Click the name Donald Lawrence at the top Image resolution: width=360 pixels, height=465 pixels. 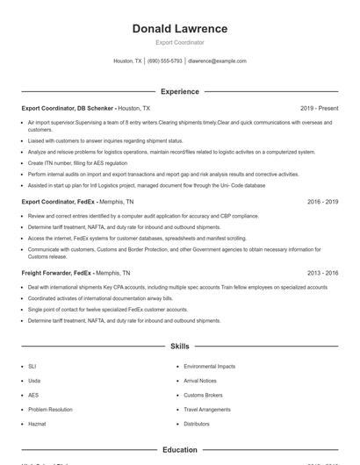(179, 29)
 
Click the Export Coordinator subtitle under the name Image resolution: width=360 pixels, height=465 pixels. (179, 42)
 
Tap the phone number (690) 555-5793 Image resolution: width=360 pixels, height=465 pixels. (165, 61)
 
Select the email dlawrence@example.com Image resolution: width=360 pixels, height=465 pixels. (217, 61)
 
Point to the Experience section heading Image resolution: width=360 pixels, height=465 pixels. (179, 91)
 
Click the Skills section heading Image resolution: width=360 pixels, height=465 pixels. (179, 347)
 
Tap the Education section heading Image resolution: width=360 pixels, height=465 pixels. (179, 450)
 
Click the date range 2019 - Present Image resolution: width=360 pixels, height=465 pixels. (319, 108)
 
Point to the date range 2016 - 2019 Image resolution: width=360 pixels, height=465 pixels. (322, 201)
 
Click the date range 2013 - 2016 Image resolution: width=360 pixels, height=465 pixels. (322, 273)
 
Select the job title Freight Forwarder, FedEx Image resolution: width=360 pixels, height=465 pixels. (56, 273)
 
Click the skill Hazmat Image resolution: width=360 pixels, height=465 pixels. (36, 424)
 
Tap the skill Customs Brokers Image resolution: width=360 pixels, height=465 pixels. (204, 395)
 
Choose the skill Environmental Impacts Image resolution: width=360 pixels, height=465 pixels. (209, 366)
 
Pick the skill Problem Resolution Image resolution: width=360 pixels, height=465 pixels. (50, 409)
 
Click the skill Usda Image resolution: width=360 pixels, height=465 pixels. (34, 381)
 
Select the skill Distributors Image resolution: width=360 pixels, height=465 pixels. (197, 424)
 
